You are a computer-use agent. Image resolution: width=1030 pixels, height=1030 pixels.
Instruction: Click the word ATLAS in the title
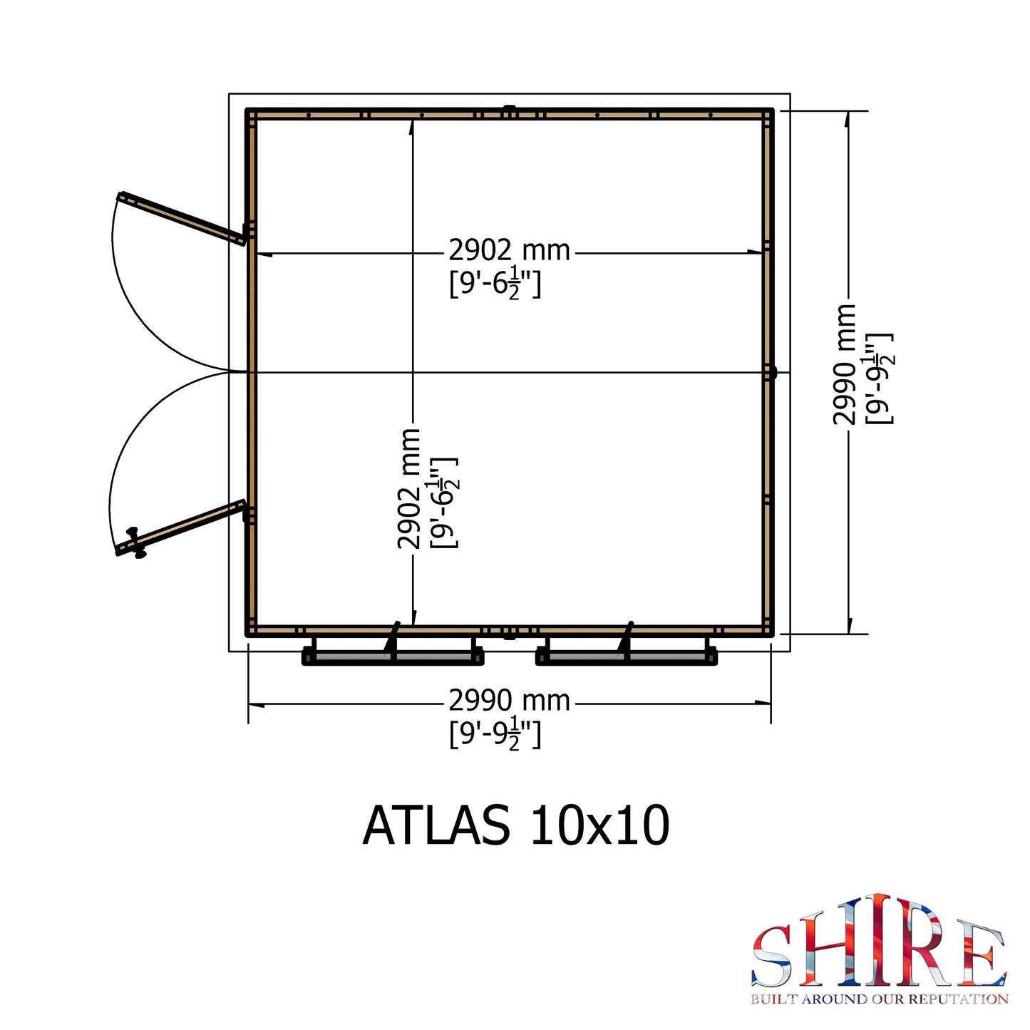[x=436, y=825]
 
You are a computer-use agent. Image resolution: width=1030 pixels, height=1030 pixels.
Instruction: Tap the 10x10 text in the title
[x=599, y=825]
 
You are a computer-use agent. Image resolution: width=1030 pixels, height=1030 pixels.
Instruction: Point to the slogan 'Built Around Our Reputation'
[x=880, y=999]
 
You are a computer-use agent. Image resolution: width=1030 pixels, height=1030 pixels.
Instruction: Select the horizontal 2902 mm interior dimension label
[x=509, y=250]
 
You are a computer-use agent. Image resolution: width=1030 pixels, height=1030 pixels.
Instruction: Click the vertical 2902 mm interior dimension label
[x=409, y=488]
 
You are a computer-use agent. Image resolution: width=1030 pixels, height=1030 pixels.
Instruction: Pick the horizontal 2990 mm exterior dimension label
[x=509, y=700]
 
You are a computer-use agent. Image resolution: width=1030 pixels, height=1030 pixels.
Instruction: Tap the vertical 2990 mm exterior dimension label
[x=845, y=364]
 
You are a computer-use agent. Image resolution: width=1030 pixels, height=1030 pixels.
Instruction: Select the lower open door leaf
[x=180, y=528]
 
